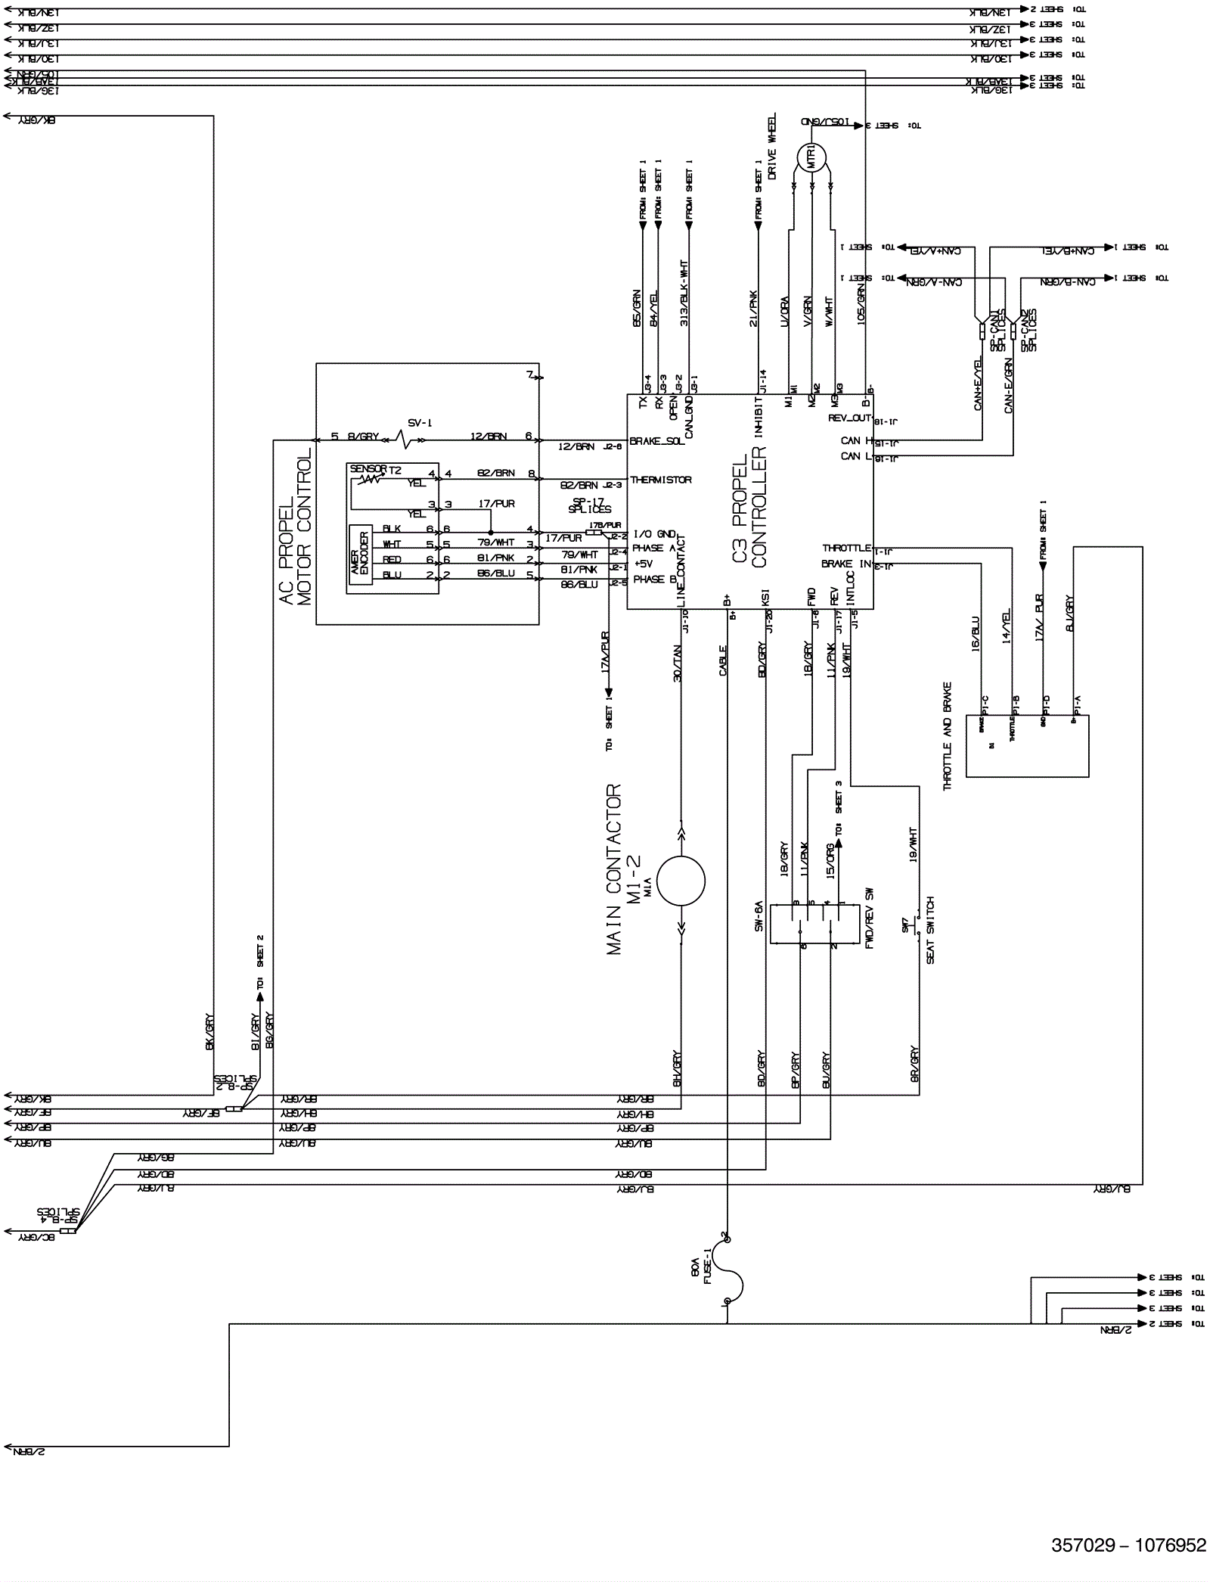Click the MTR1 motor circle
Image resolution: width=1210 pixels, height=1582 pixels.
pyautogui.click(x=811, y=158)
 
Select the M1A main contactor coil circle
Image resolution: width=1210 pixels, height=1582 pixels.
pyautogui.click(x=681, y=881)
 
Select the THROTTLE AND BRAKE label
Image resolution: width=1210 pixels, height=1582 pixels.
pyautogui.click(x=948, y=736)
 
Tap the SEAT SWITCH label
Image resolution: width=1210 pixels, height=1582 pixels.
pyautogui.click(x=930, y=930)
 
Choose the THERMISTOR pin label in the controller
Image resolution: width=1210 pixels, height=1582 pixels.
pyautogui.click(x=660, y=480)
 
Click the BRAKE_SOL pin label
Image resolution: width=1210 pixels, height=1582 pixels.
pyautogui.click(x=656, y=441)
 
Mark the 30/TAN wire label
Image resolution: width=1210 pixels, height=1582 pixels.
pyautogui.click(x=678, y=664)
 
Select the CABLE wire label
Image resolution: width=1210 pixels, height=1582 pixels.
pyautogui.click(x=723, y=660)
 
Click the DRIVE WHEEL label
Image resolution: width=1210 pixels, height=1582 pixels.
pyautogui.click(x=772, y=147)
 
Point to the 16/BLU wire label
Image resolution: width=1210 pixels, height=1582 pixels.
pyautogui.click(x=975, y=634)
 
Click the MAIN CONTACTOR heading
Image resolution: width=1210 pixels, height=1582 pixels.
pyautogui.click(x=614, y=869)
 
